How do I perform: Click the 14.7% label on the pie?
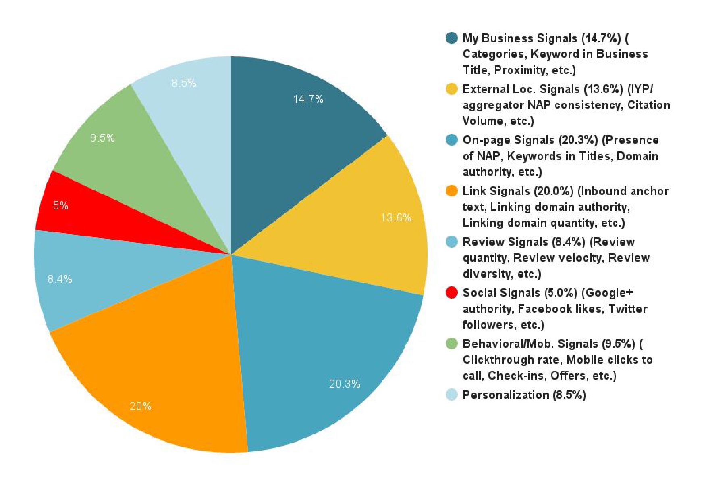pyautogui.click(x=308, y=99)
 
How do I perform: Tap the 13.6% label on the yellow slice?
pyautogui.click(x=396, y=218)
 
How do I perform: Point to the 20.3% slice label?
pyautogui.click(x=345, y=384)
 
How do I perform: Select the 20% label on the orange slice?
pyautogui.click(x=140, y=406)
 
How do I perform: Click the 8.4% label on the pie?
pyautogui.click(x=60, y=279)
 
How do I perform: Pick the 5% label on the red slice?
pyautogui.click(x=60, y=206)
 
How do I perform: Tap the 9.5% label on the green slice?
pyautogui.click(x=102, y=138)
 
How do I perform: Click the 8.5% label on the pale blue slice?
pyautogui.click(x=184, y=83)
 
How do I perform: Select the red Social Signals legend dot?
pyautogui.click(x=452, y=292)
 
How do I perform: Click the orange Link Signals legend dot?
pyautogui.click(x=452, y=191)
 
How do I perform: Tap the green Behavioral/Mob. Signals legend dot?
pyautogui.click(x=452, y=344)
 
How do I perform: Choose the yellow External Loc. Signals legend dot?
pyautogui.click(x=452, y=89)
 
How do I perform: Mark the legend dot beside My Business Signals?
pyautogui.click(x=452, y=38)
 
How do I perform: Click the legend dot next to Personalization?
pyautogui.click(x=452, y=395)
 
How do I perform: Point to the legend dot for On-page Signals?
pyautogui.click(x=452, y=140)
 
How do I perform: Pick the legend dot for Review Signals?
pyautogui.click(x=452, y=242)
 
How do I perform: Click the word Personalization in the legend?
pyautogui.click(x=505, y=395)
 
